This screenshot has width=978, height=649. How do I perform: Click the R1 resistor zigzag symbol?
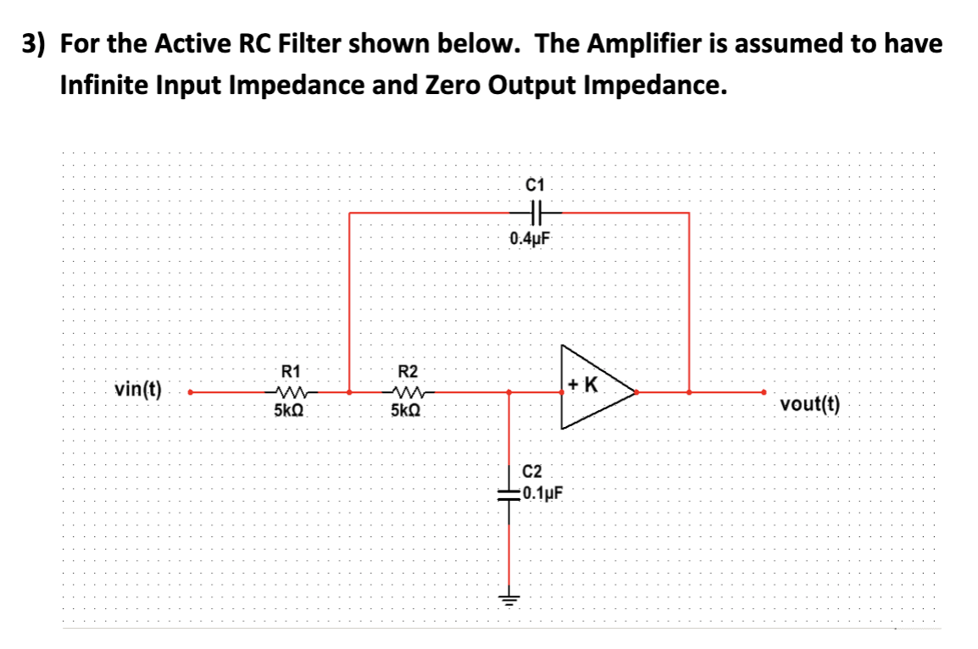(290, 392)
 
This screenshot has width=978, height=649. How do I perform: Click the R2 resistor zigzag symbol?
(408, 392)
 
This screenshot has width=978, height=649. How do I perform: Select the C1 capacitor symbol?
(535, 212)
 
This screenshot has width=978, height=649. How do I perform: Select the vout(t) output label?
(811, 404)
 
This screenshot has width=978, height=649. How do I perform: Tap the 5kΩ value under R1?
(290, 411)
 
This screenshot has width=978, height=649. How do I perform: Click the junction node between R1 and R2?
(350, 392)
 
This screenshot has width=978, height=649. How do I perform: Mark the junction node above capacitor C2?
(508, 392)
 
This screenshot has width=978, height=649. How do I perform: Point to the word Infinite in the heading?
(110, 86)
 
